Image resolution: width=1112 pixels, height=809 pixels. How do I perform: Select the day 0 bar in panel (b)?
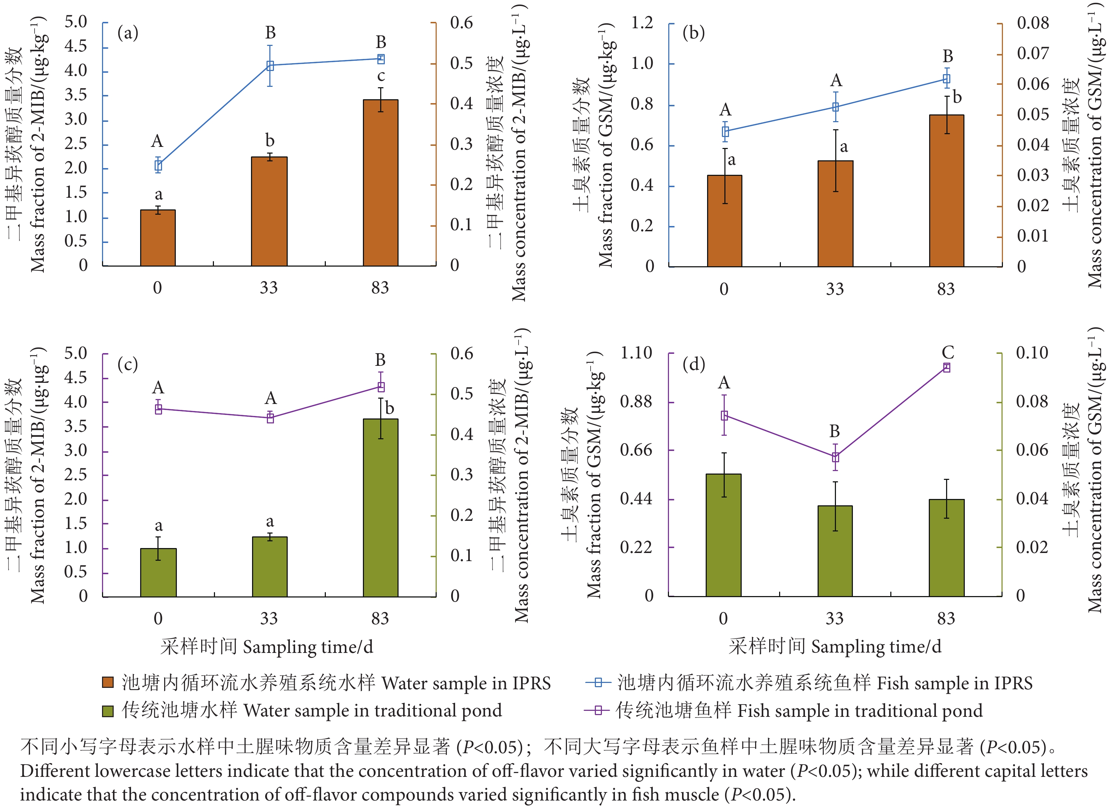725,221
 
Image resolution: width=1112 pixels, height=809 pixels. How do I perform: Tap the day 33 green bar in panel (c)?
270,567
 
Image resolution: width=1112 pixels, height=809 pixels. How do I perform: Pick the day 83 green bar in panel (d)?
946,548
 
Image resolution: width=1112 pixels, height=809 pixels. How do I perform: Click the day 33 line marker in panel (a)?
270,66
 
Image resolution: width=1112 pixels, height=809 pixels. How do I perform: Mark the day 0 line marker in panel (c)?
159,409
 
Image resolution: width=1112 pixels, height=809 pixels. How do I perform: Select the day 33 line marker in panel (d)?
836,457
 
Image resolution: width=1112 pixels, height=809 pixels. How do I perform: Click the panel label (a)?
127,33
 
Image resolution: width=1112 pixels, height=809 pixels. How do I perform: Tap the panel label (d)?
693,364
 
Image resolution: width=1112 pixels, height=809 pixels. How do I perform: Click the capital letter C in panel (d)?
948,352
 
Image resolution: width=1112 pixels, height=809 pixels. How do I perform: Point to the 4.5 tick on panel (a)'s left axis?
76,47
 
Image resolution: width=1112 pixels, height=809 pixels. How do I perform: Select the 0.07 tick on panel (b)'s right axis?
1033,53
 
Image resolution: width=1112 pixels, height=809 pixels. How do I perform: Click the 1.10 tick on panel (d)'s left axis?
636,353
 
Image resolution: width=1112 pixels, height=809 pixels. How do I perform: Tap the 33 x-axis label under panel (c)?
269,619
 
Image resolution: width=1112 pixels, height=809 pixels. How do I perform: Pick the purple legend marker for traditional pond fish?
598,710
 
